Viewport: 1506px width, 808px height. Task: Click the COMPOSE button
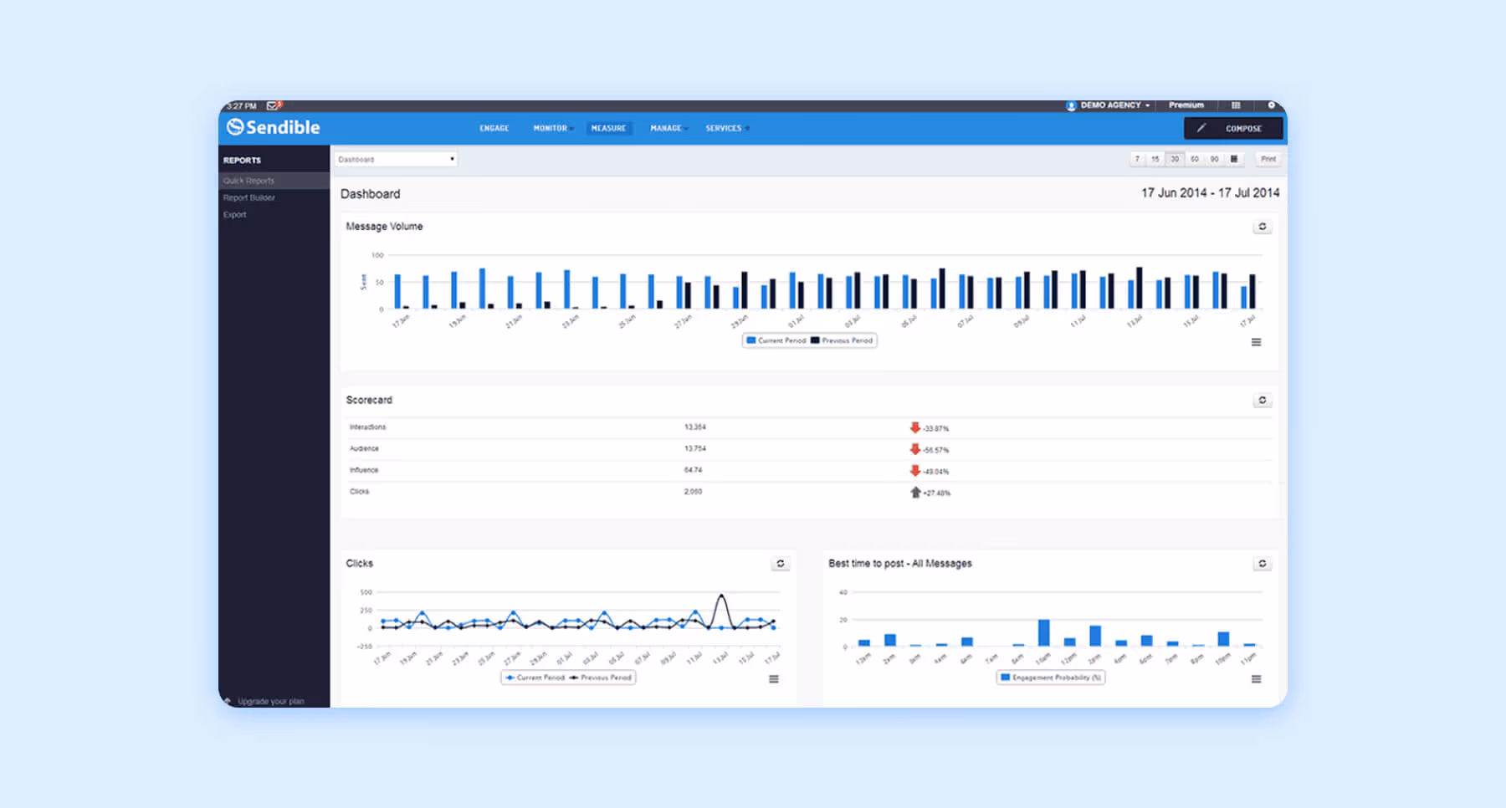[x=1233, y=128]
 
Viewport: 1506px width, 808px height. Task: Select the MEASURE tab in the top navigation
[x=608, y=128]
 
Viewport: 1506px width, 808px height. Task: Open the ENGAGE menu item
[x=494, y=128]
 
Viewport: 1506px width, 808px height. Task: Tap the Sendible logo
[x=274, y=127]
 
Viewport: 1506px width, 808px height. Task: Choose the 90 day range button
[x=1214, y=159]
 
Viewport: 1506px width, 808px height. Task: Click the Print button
[x=1268, y=159]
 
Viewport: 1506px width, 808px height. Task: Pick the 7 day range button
[x=1137, y=159]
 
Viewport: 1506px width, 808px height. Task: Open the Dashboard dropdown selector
[x=396, y=159]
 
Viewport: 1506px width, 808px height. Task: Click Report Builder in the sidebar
[x=249, y=197]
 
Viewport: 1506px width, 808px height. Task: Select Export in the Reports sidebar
[x=235, y=215]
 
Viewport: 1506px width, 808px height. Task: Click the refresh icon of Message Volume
[x=1263, y=227]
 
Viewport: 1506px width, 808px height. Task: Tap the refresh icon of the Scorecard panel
[x=1263, y=400]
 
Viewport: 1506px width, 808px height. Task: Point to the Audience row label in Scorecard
[x=364, y=448]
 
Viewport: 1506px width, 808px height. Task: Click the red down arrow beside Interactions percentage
[x=915, y=427]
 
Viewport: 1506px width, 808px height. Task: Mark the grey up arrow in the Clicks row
[x=915, y=493]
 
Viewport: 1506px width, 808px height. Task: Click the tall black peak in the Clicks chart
[x=721, y=596]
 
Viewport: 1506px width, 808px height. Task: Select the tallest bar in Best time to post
[x=1043, y=632]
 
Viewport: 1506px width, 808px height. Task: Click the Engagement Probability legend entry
[x=1051, y=678]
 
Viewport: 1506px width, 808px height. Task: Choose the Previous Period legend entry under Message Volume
[x=842, y=340]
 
